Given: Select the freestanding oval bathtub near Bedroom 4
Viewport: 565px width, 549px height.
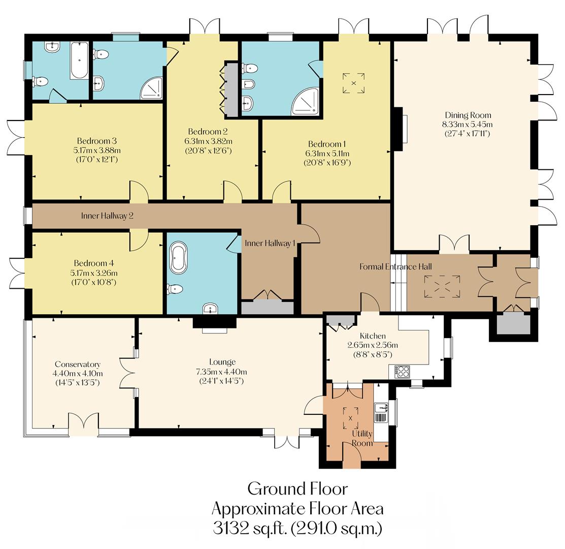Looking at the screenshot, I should (179, 258).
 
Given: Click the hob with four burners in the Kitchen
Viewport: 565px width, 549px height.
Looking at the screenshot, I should (403, 372).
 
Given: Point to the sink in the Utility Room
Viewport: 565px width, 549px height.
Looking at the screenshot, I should (381, 407).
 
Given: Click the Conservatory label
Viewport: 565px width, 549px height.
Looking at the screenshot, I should (78, 364).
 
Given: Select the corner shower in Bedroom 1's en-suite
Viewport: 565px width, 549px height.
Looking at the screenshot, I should (306, 101).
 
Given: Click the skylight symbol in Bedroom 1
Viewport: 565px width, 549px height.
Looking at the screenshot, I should (354, 83).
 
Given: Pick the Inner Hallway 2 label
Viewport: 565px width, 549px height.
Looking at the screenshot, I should (107, 216).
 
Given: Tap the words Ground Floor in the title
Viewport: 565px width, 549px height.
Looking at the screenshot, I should (297, 489).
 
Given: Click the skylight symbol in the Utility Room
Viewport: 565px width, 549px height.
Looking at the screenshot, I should (350, 418).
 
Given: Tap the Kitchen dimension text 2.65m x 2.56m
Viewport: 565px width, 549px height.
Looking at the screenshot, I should (373, 345).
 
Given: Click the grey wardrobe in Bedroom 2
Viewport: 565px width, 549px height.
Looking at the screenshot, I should (231, 90).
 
